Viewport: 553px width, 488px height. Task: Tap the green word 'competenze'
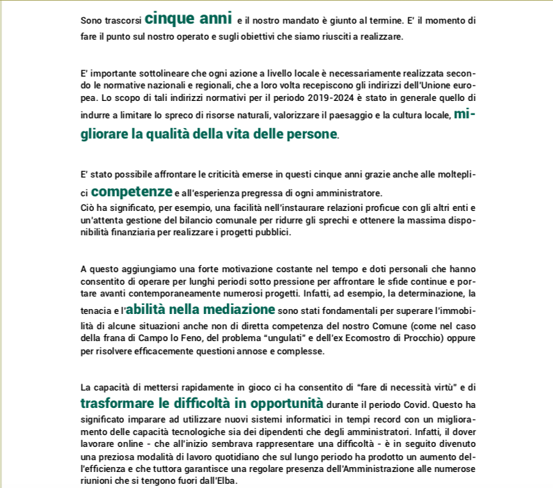point(132,190)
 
